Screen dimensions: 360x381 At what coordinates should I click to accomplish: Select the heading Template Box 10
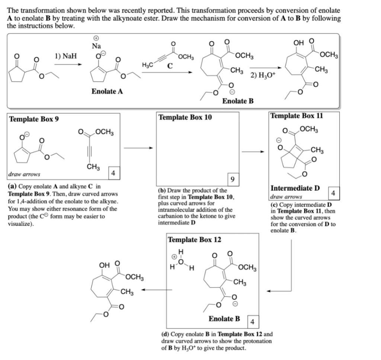[185, 118]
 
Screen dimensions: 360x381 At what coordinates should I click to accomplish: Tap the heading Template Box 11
[297, 116]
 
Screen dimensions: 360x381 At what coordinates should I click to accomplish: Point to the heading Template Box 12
[195, 240]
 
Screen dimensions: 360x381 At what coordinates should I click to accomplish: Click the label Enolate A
[107, 92]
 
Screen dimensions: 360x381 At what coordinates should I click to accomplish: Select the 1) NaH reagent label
[65, 56]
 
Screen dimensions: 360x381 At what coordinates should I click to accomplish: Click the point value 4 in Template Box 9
[114, 173]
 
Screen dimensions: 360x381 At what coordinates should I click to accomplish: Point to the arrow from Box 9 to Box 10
[138, 148]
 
